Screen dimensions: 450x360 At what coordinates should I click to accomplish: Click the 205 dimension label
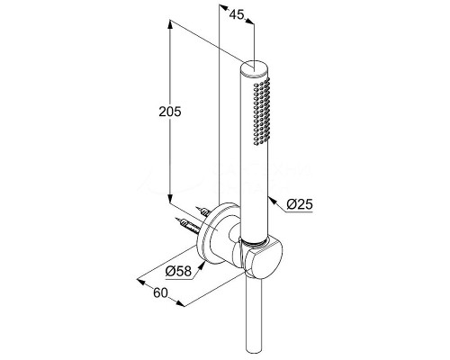pos(170,112)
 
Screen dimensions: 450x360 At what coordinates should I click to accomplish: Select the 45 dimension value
pos(237,14)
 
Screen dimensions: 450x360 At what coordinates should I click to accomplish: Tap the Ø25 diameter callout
pos(300,204)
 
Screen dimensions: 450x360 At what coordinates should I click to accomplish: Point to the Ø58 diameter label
pos(178,272)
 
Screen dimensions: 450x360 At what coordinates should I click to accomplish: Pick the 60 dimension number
pos(160,292)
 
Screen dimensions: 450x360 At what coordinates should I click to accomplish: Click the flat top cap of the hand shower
pos(255,67)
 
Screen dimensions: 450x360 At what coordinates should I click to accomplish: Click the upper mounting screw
pos(202,211)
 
